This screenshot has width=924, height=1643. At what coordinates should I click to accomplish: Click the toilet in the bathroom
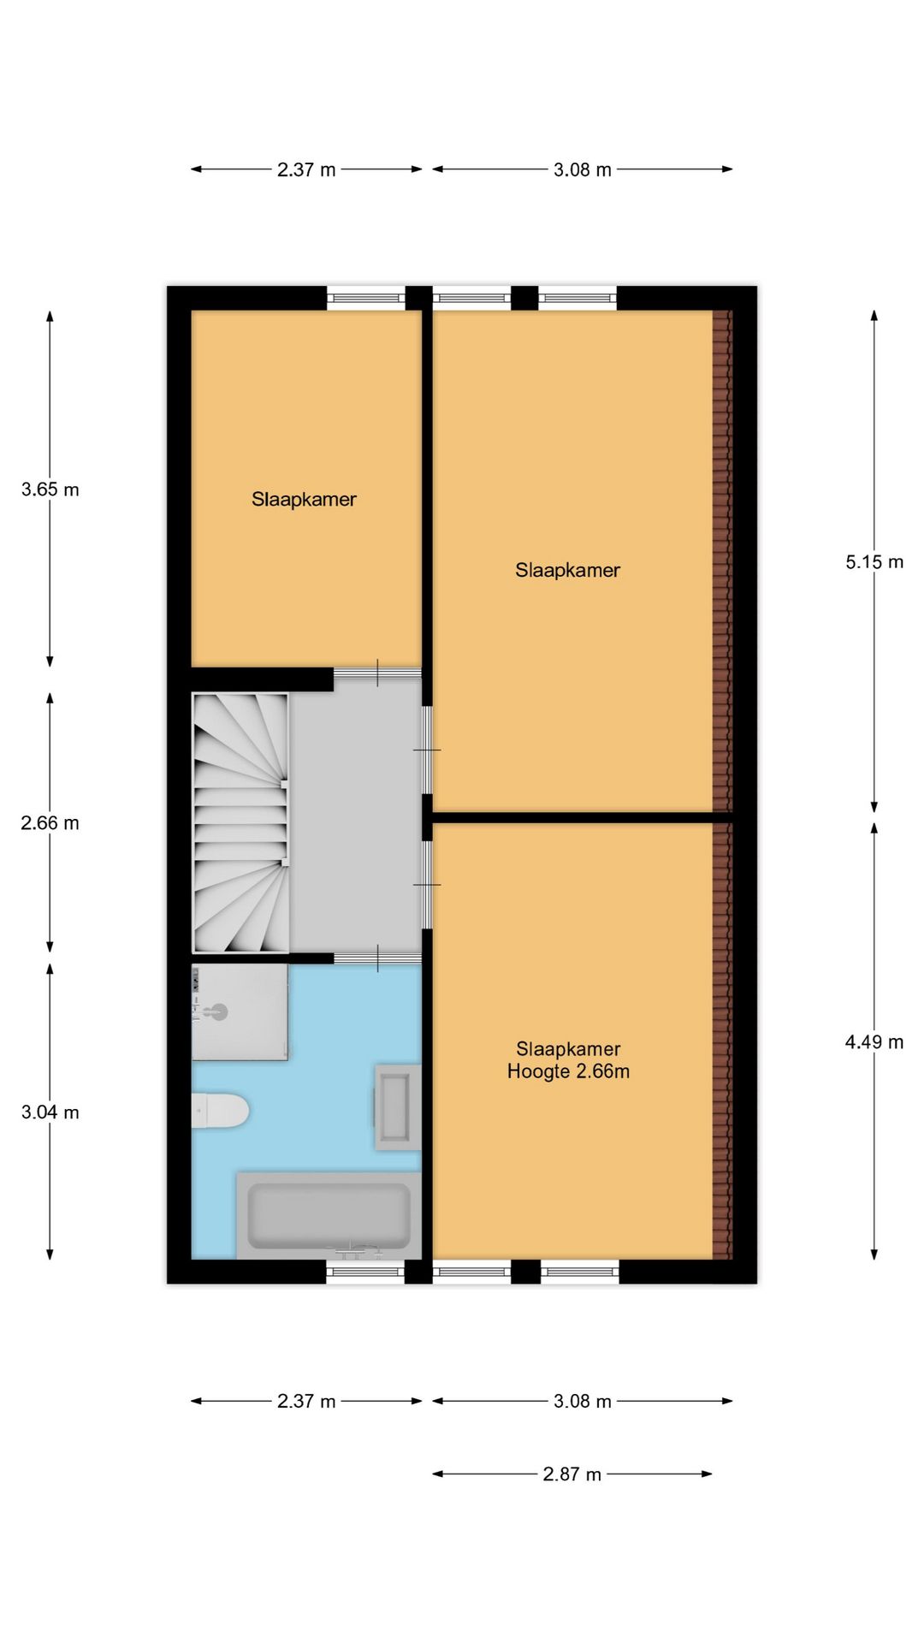coord(221,1111)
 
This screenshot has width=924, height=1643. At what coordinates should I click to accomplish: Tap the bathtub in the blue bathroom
coord(329,1215)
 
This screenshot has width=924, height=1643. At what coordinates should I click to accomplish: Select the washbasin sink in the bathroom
coord(394,1106)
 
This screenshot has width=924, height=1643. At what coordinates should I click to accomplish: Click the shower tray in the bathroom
coord(240,1012)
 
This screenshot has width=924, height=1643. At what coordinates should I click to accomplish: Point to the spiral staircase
coord(240,822)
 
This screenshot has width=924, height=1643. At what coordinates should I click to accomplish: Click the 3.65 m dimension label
coord(50,489)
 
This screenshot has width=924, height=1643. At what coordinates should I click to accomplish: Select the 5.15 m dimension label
coord(874,562)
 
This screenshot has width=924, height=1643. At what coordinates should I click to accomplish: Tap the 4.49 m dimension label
coord(874,1041)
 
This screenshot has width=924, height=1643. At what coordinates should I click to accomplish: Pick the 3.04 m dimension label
coord(50,1112)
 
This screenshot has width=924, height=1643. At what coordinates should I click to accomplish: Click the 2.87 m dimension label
coord(572,1474)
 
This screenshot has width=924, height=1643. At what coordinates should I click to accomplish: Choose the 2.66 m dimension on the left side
coord(50,823)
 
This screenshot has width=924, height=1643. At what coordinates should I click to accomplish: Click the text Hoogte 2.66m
coord(568,1071)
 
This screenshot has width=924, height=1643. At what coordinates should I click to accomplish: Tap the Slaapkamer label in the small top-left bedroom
coord(304,499)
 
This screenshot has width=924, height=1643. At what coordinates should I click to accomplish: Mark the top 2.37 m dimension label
coord(306,169)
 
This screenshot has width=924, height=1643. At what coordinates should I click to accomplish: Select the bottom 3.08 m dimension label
coord(582,1401)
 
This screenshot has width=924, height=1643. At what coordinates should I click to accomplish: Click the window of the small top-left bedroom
coord(365,298)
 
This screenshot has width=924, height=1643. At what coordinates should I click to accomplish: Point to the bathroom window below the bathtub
coord(365,1272)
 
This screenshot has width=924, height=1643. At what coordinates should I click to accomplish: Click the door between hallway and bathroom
coord(377,958)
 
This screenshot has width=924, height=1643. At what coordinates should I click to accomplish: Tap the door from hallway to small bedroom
coord(377,673)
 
